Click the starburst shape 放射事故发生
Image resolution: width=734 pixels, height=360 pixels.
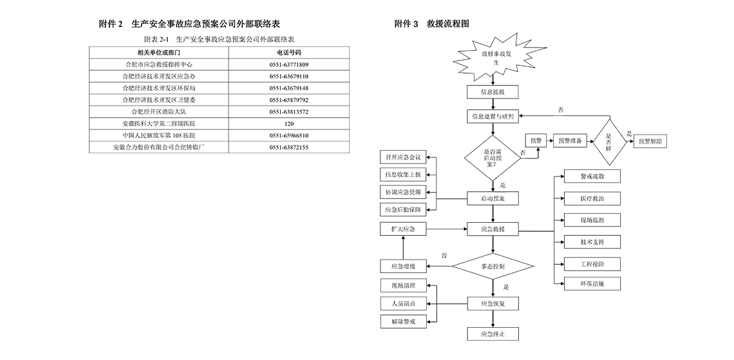[492, 57]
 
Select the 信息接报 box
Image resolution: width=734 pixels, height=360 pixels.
[493, 92]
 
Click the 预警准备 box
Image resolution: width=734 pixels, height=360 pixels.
[570, 142]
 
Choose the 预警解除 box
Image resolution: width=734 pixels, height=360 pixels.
[654, 142]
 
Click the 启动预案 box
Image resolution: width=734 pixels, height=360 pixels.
[493, 199]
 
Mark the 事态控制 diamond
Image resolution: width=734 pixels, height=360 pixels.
[493, 266]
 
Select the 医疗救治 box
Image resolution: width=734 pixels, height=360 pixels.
[582, 198]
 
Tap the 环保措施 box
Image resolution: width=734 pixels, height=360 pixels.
[582, 284]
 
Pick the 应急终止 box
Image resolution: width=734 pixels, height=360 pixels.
[493, 334]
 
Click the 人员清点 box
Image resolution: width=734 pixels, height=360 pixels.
[402, 303]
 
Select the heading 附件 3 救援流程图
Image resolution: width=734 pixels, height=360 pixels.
[431, 24]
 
